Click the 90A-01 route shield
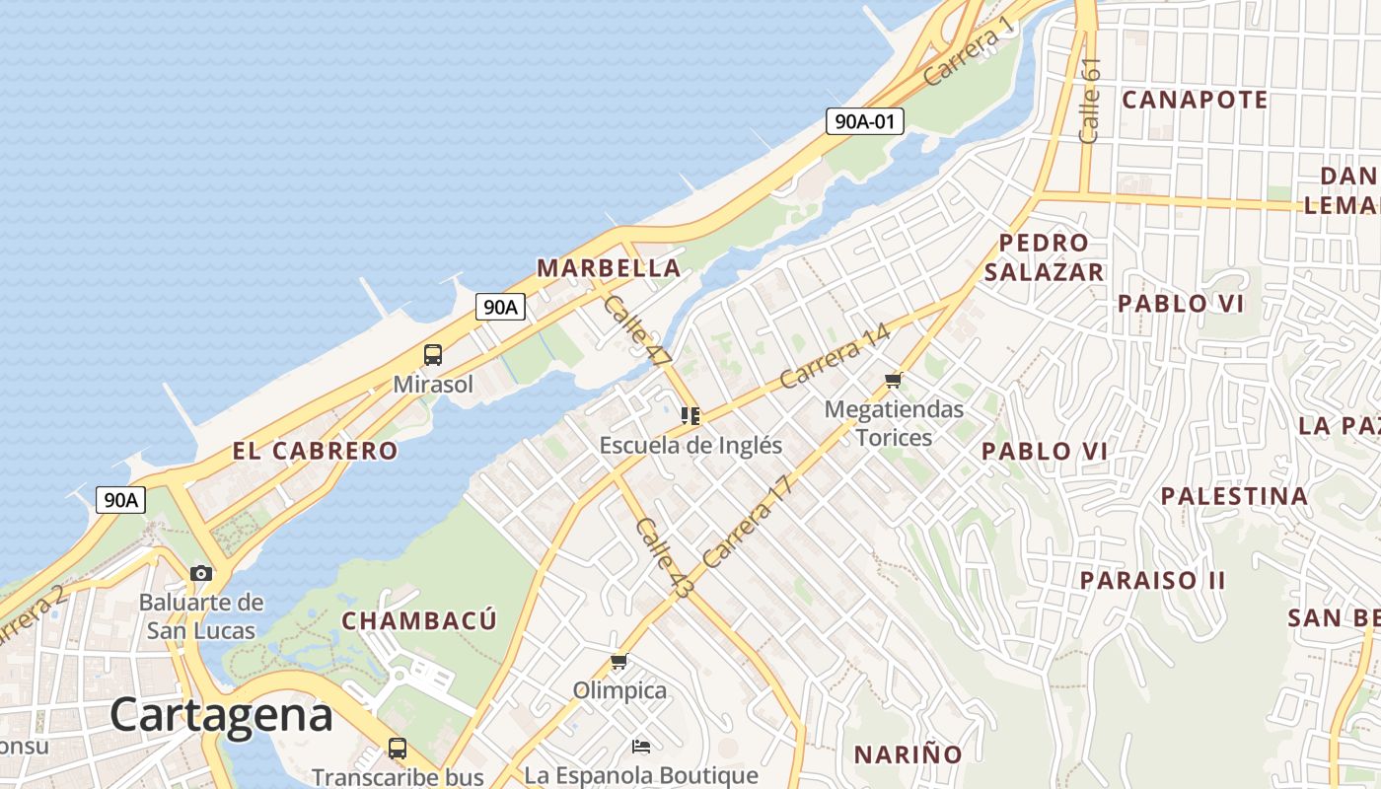865,121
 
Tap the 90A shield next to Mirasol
500,307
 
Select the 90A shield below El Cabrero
121,500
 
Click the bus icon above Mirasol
432,355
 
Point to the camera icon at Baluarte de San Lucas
201,573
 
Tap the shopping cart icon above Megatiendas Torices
894,380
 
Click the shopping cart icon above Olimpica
619,661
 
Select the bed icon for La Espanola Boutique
641,746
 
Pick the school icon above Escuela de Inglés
690,416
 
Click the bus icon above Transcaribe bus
397,749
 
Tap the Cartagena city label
221,714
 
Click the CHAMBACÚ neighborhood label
419,620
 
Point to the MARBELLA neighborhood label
609,267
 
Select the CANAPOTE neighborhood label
1195,100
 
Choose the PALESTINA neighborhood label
1234,495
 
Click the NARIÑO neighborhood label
908,754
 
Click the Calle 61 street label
1089,100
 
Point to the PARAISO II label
1152,580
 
